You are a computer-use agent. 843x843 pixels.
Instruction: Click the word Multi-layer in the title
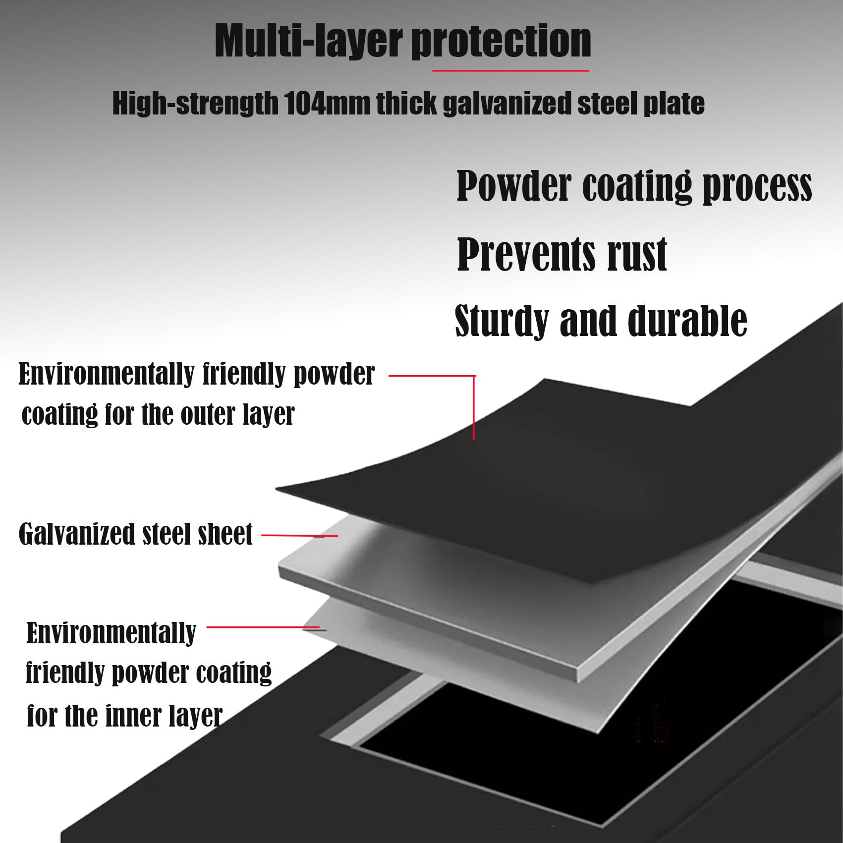pos(307,42)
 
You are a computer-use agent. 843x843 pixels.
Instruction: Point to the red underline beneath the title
pos(510,71)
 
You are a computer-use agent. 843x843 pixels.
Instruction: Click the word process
pos(758,187)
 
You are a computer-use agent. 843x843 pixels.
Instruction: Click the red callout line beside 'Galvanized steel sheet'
pos(299,536)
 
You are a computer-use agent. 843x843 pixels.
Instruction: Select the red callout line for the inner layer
pos(266,628)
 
